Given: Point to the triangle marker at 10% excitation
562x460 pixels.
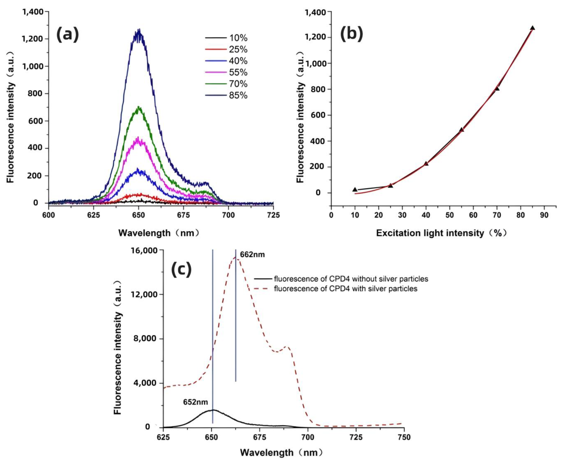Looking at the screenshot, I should point(355,189).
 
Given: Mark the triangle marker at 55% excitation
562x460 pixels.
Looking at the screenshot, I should point(461,129).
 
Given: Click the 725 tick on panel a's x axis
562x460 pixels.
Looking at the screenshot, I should point(273,215).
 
